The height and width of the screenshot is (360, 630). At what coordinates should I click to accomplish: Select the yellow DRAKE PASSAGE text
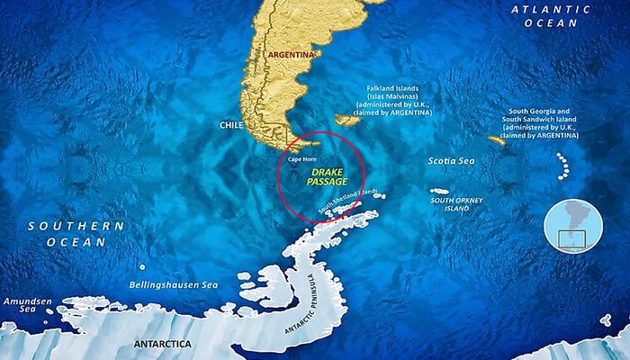(328, 175)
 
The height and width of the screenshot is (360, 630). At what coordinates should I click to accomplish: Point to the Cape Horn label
(301, 159)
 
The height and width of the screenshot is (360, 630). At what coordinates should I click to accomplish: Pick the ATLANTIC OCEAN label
(571, 16)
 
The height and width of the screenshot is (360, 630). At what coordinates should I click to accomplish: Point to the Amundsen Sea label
(21, 303)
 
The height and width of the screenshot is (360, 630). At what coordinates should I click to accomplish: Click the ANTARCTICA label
(162, 344)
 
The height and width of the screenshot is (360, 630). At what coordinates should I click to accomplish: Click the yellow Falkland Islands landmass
(346, 119)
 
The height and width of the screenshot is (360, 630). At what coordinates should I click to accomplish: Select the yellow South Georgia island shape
(497, 140)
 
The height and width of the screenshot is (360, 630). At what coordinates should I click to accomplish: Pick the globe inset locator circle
(572, 226)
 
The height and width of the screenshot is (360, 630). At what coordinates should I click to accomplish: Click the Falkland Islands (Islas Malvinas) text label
(399, 101)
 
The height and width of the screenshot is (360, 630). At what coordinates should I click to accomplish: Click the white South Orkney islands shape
(439, 191)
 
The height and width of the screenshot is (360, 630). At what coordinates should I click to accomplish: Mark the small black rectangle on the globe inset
(572, 238)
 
